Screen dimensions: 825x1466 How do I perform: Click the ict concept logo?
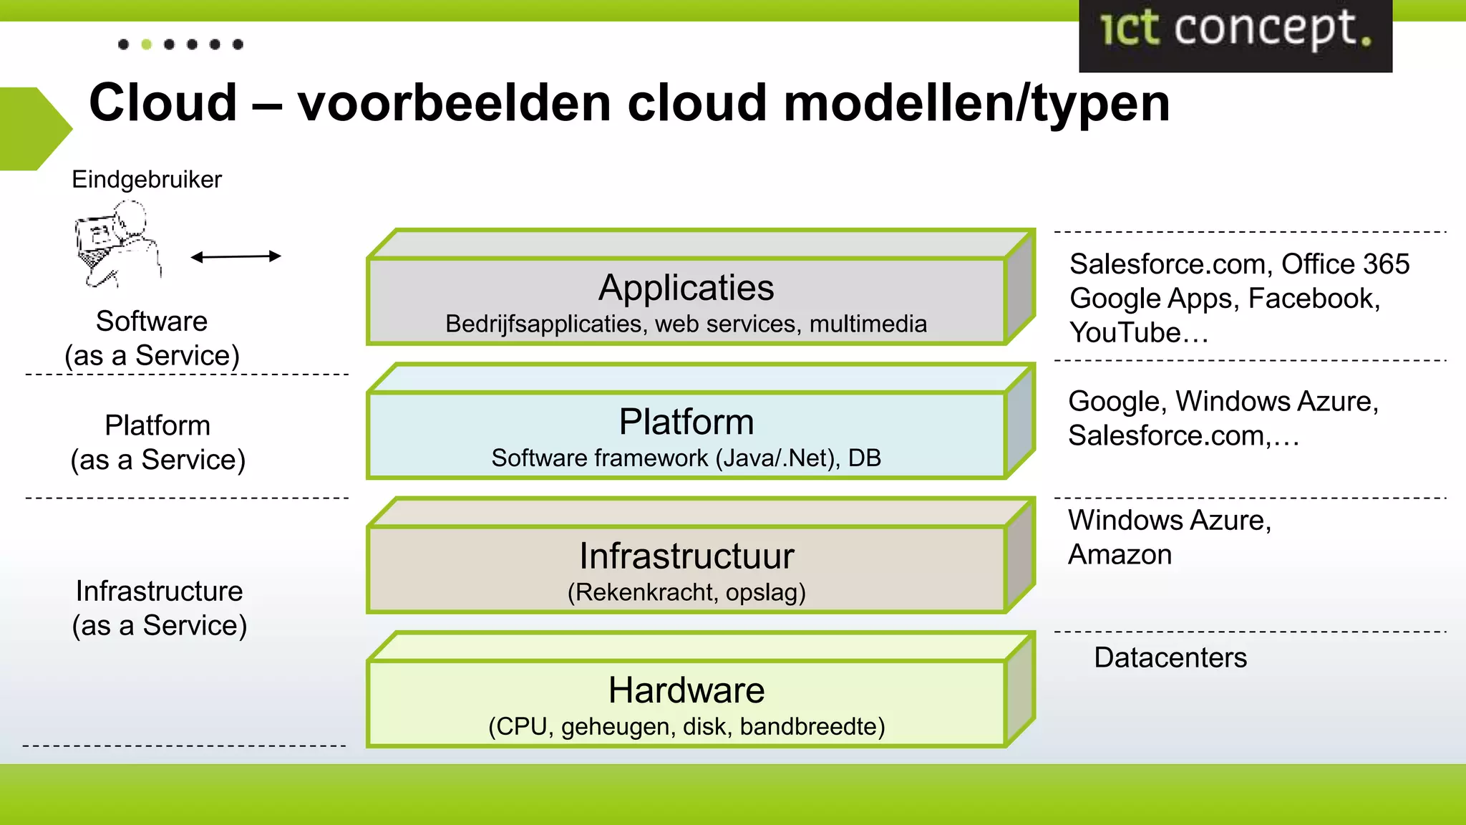click(x=1236, y=32)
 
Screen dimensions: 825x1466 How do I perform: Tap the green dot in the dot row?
click(x=146, y=44)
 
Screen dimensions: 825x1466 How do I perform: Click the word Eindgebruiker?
click(x=147, y=179)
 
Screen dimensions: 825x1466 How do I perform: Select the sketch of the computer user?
click(x=117, y=243)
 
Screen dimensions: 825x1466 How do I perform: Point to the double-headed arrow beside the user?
click(x=236, y=256)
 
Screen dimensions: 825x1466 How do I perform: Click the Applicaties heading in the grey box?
click(x=686, y=288)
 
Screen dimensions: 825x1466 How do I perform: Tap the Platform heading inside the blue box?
click(x=686, y=422)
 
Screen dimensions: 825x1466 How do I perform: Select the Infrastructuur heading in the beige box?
click(x=686, y=556)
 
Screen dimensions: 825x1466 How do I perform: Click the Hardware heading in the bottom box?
click(x=686, y=690)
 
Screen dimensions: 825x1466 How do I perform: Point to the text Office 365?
click(x=1345, y=264)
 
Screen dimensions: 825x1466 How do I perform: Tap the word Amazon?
click(x=1120, y=555)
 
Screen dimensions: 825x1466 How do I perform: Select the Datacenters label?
click(x=1170, y=657)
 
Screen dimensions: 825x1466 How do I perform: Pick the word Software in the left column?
click(x=152, y=322)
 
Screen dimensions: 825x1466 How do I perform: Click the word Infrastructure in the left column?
click(x=159, y=592)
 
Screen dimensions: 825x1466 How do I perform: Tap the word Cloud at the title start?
click(x=162, y=102)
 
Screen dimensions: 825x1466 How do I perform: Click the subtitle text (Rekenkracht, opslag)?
click(x=686, y=592)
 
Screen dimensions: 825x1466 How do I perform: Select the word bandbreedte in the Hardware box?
click(x=812, y=727)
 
